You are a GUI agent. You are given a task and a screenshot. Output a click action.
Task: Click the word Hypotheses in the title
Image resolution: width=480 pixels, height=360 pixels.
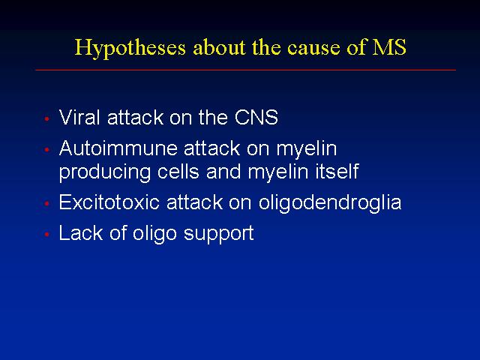(130, 49)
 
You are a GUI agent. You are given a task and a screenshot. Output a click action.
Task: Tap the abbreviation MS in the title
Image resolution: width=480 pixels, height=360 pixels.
(389, 47)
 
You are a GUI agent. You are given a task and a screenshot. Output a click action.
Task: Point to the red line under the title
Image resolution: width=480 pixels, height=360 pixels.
(245, 70)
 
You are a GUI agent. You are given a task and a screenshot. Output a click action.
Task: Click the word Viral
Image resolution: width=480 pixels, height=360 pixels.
(79, 117)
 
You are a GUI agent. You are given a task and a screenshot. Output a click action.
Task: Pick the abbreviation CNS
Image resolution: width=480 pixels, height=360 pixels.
(256, 117)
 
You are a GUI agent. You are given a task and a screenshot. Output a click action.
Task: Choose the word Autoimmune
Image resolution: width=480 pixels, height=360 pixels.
(118, 148)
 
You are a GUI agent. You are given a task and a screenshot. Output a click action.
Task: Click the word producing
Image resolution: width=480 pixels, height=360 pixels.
(105, 172)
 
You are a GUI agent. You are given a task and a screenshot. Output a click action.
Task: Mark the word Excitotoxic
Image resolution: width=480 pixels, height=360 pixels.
(109, 202)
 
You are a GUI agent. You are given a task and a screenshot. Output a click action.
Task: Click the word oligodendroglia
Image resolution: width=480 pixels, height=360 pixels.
(330, 203)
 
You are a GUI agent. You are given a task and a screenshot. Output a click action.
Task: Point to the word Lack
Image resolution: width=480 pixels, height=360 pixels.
(81, 232)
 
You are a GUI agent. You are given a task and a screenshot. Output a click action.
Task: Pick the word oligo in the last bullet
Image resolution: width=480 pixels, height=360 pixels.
(154, 234)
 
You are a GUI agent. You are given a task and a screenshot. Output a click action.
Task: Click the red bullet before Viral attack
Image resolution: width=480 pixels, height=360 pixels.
(46, 118)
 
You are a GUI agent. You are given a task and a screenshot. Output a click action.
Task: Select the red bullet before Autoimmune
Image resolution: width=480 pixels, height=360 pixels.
(46, 150)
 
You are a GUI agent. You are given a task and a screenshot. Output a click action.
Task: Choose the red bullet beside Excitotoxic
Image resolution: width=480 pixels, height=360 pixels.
(46, 203)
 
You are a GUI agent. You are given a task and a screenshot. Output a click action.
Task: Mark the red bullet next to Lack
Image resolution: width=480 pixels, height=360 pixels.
(46, 234)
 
